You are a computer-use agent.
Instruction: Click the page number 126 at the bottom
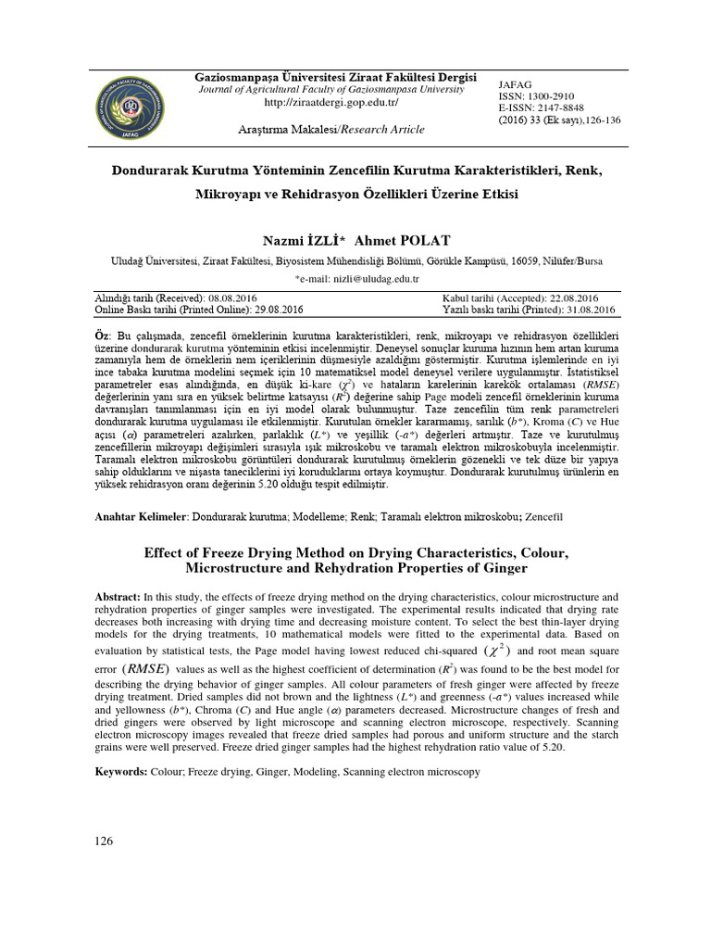click(x=106, y=841)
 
